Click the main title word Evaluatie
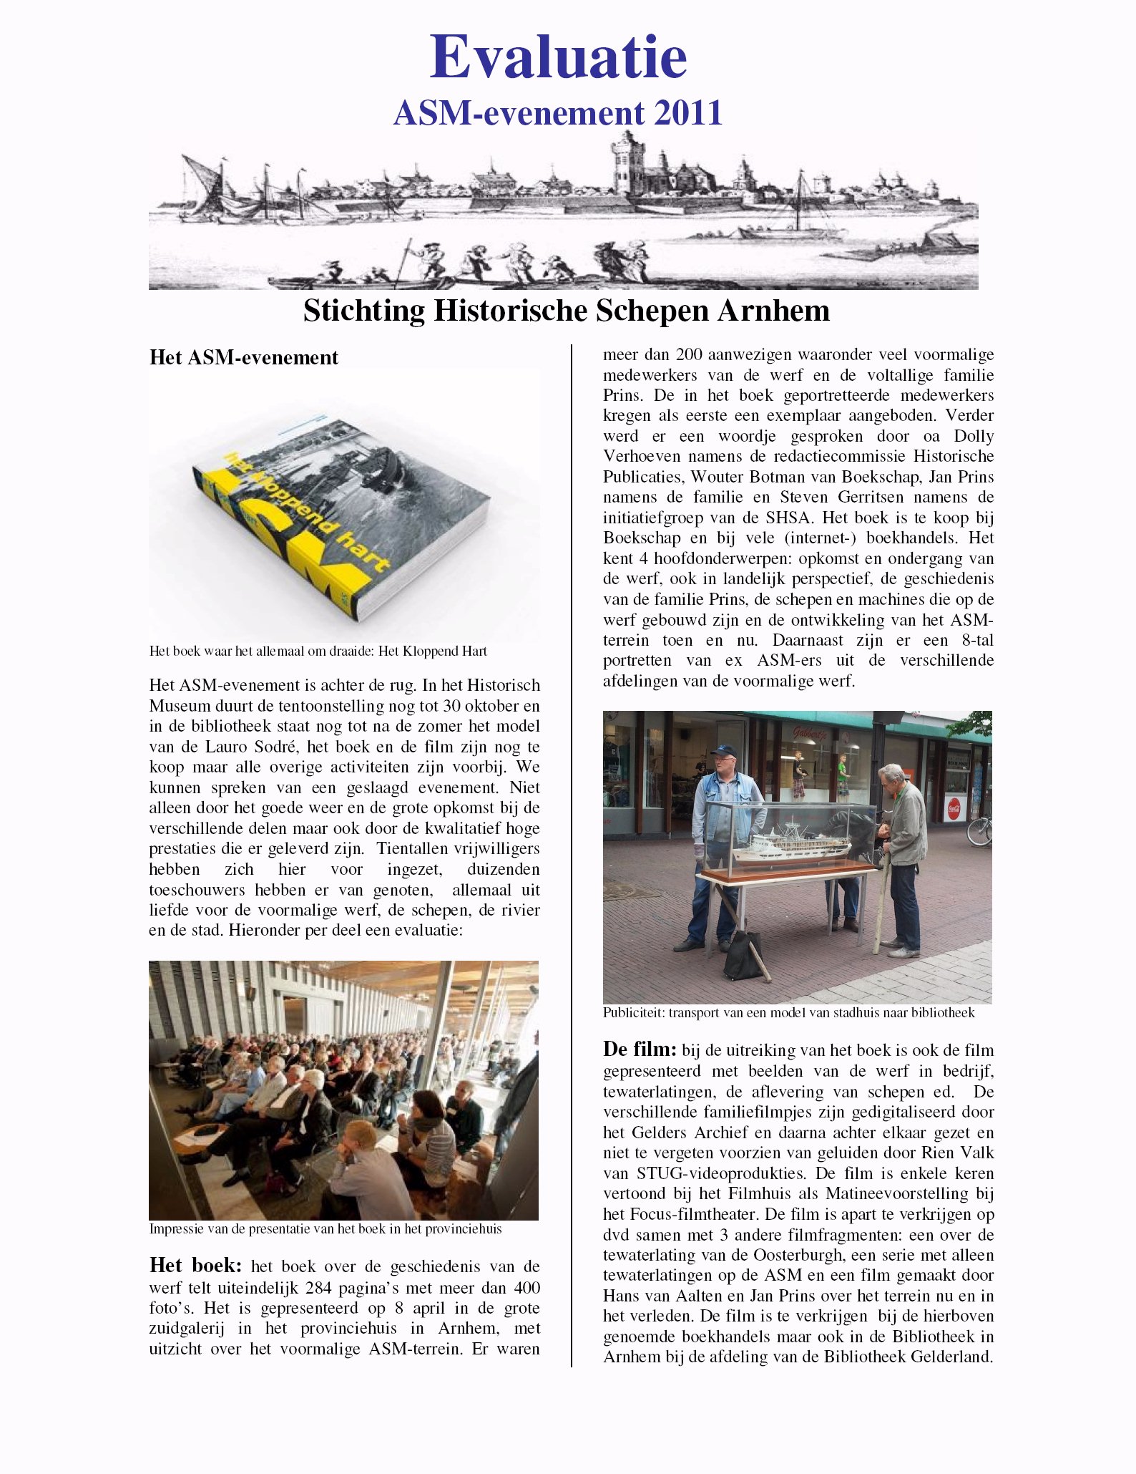558,57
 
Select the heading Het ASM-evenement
243,357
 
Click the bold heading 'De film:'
640,1050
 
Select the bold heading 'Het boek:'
195,1266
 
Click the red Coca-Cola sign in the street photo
956,808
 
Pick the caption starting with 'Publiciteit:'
788,1013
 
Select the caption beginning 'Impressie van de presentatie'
325,1229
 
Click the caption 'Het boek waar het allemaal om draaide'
318,651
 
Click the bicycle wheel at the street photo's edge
980,830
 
